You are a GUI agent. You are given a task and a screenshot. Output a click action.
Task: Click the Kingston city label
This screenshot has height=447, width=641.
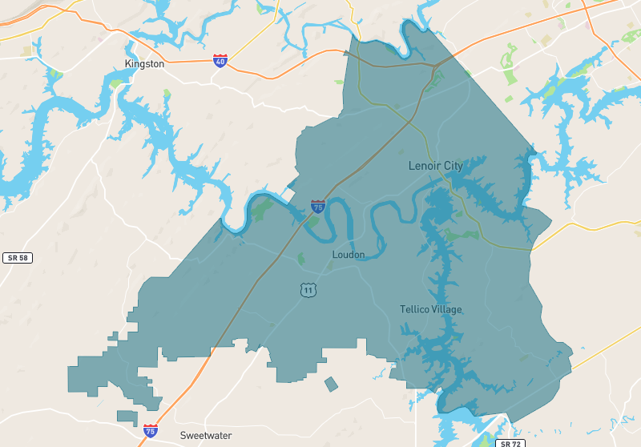pos(145,63)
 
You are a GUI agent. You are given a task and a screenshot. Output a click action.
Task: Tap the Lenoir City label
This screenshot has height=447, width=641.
pos(435,166)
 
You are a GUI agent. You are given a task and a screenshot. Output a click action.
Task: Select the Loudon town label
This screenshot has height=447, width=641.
pos(349,255)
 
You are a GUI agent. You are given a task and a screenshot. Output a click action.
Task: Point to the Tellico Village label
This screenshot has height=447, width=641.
pos(431,309)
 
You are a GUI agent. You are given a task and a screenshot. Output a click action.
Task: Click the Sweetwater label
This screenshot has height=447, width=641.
pos(206,436)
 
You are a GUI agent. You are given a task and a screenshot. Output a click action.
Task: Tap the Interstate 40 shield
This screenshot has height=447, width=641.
pos(220,61)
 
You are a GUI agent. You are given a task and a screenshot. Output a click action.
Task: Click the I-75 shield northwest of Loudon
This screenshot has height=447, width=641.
pos(318,206)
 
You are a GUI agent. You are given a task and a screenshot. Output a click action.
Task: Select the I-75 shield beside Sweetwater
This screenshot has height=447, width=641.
pos(151,431)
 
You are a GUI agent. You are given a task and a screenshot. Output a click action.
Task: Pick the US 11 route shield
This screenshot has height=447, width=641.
pos(308,289)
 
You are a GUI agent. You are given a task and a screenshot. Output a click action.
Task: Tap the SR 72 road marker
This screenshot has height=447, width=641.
pos(509,443)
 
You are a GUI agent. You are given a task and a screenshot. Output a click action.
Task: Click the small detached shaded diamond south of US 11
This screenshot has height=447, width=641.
pos(331,385)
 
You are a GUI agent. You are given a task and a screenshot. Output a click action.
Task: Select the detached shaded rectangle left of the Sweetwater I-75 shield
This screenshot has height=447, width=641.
pos(127,417)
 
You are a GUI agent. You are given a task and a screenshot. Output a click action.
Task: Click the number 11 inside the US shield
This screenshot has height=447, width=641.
pos(308,291)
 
